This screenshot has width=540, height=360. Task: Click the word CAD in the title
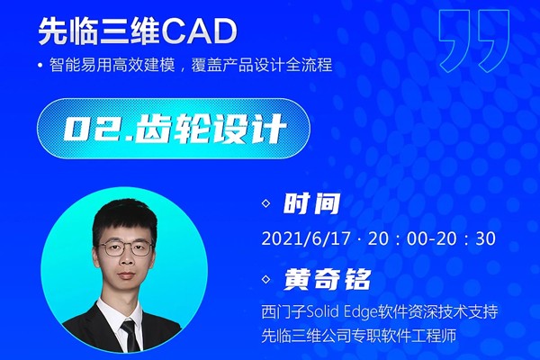tap(198, 31)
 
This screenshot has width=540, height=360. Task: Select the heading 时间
tap(311, 203)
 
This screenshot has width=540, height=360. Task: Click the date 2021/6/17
tap(306, 238)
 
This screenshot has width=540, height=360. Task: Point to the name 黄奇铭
tap(327, 279)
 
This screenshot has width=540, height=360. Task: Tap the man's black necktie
tap(131, 335)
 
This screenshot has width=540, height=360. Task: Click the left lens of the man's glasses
tap(112, 248)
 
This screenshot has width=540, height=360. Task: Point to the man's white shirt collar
tap(119, 314)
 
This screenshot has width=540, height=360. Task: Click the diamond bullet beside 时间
tap(266, 203)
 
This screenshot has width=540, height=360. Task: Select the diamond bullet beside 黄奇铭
tap(266, 279)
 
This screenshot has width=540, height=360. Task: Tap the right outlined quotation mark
tap(494, 40)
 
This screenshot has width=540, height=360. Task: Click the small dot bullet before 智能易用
tap(42, 65)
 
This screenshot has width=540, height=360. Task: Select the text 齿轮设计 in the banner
tap(210, 129)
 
